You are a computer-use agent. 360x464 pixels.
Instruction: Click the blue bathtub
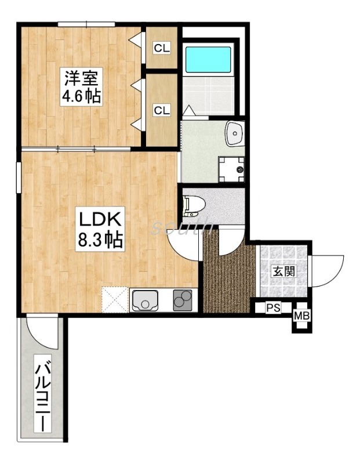pyautogui.click(x=208, y=59)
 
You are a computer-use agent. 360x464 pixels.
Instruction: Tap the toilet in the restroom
pyautogui.click(x=194, y=206)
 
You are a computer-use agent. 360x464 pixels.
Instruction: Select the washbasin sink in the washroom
pyautogui.click(x=235, y=134)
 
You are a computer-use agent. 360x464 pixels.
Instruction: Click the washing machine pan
pyautogui.click(x=232, y=169)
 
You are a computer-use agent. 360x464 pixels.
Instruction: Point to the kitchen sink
pyautogui.click(x=145, y=300)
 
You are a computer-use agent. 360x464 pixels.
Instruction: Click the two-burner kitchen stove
pyautogui.click(x=183, y=300)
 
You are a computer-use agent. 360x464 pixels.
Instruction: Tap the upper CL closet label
pyautogui.click(x=162, y=48)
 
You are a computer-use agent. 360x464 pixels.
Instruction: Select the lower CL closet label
pyautogui.click(x=162, y=110)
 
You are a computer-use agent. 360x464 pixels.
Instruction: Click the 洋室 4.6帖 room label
pyautogui.click(x=81, y=86)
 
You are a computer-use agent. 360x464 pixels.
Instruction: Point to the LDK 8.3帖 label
pyautogui.click(x=100, y=229)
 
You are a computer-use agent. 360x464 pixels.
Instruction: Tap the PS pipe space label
pyautogui.click(x=273, y=308)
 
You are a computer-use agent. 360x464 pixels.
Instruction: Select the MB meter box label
pyautogui.click(x=301, y=316)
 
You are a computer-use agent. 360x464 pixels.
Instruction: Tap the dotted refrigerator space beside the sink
pyautogui.click(x=115, y=299)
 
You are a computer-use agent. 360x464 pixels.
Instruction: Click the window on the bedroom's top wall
pyautogui.click(x=86, y=24)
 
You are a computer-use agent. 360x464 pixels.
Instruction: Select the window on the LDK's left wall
pyautogui.click(x=19, y=177)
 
